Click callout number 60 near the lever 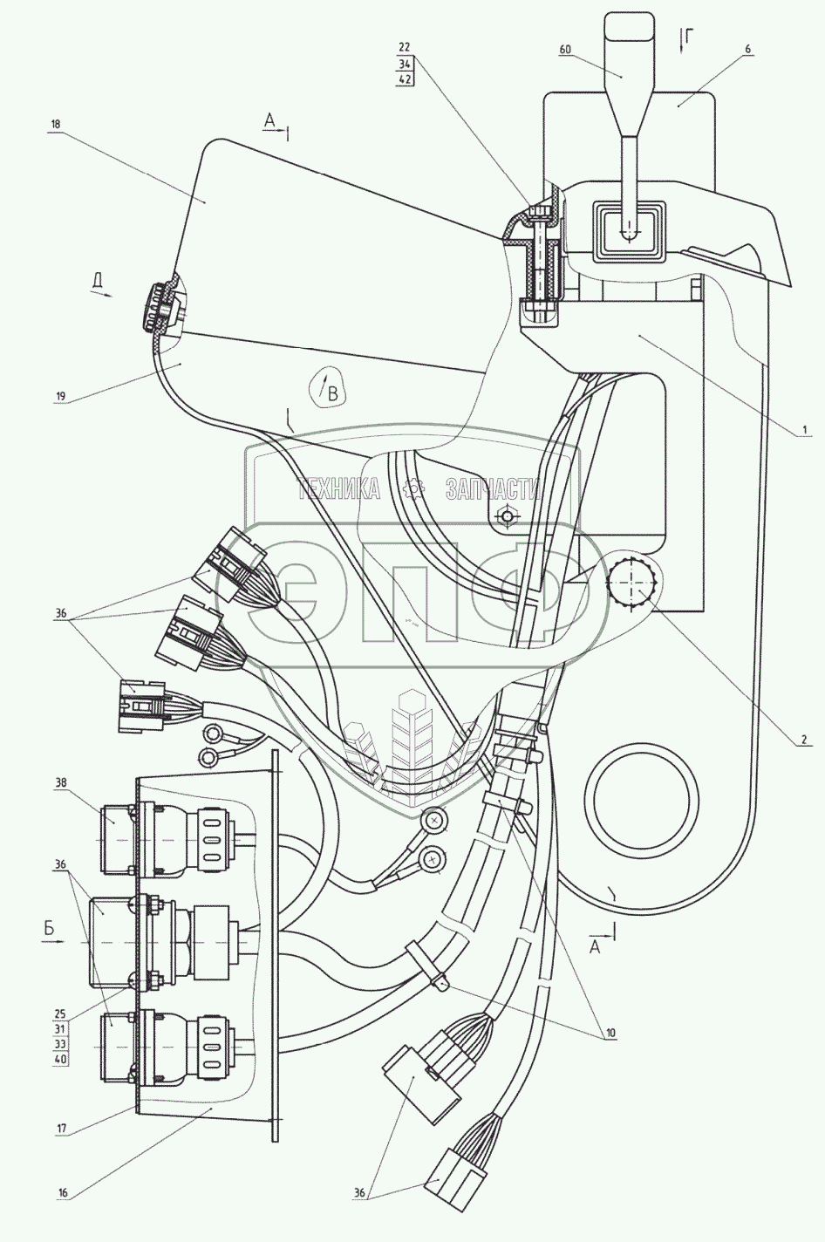click(565, 51)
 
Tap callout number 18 click(56, 125)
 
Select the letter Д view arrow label click(99, 281)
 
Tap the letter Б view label click(50, 931)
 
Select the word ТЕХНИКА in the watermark click(338, 490)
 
